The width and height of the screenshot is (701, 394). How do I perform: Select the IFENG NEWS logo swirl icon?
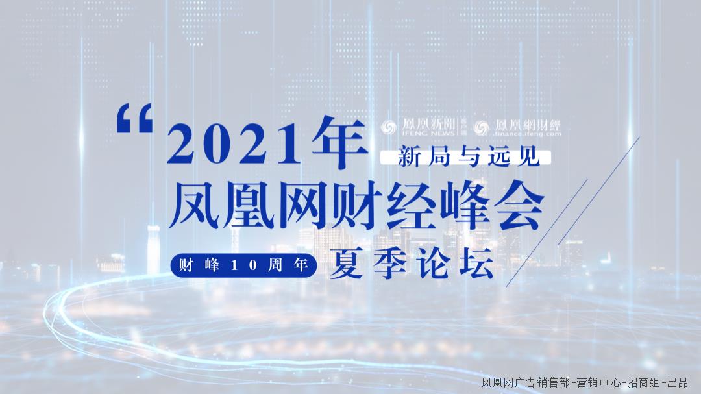pos(388,127)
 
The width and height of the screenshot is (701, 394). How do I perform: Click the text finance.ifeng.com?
pos(527,134)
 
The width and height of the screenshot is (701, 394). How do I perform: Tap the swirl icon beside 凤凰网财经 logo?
pos(481,127)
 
